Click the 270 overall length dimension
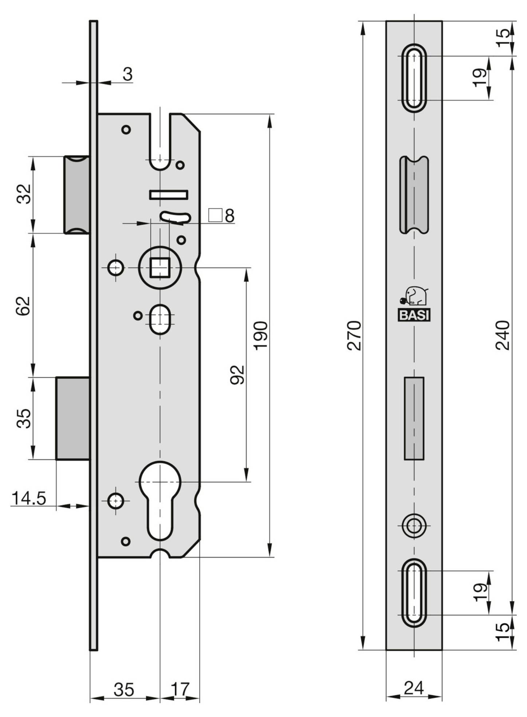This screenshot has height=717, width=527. point(354,335)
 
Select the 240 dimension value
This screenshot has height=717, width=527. point(503,335)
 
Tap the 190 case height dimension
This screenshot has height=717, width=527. point(261,335)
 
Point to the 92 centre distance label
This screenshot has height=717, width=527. point(237,375)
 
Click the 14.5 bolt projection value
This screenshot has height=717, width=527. point(29,498)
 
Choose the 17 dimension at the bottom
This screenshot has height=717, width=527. point(180,689)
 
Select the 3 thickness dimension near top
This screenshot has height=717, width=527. point(127,74)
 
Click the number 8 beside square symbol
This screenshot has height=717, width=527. point(230,216)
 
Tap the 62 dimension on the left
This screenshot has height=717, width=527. point(24,306)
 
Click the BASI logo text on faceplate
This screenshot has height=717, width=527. point(414,315)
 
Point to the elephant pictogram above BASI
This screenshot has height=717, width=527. point(414,296)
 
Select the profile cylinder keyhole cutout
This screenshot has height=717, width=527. point(160,499)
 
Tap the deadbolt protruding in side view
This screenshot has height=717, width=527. point(73,418)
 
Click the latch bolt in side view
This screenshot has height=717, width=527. point(77,195)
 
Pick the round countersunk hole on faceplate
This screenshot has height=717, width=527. point(414,526)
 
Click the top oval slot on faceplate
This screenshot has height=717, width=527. point(414,78)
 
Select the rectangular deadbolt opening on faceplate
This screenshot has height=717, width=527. point(414,418)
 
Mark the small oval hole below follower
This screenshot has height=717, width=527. point(160,319)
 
